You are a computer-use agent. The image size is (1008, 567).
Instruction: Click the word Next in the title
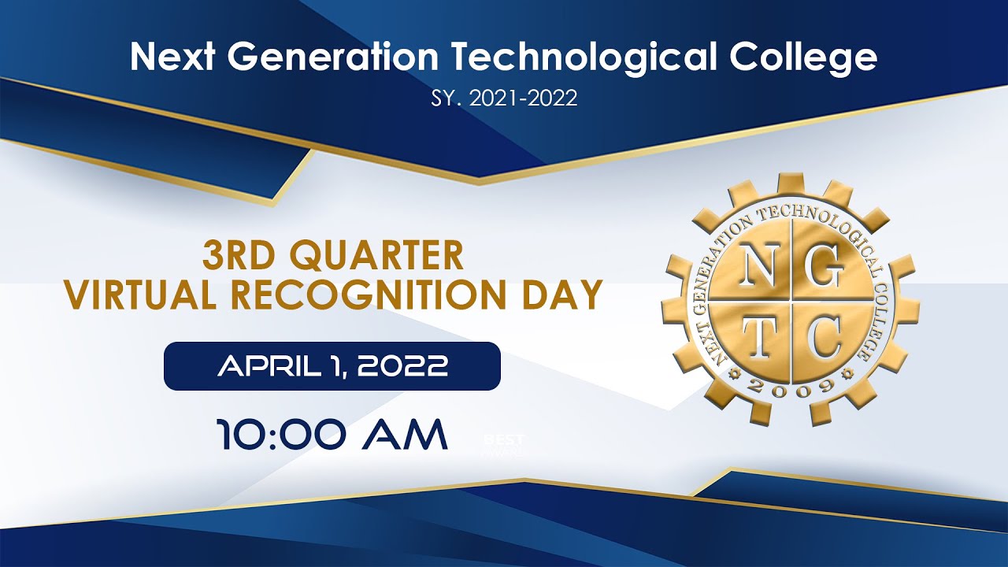pos(165,58)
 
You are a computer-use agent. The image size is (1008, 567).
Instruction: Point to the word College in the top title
pos(803,58)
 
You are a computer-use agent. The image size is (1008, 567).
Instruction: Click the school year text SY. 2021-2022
pos(504,98)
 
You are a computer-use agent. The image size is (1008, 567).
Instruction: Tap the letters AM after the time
pos(404,435)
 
